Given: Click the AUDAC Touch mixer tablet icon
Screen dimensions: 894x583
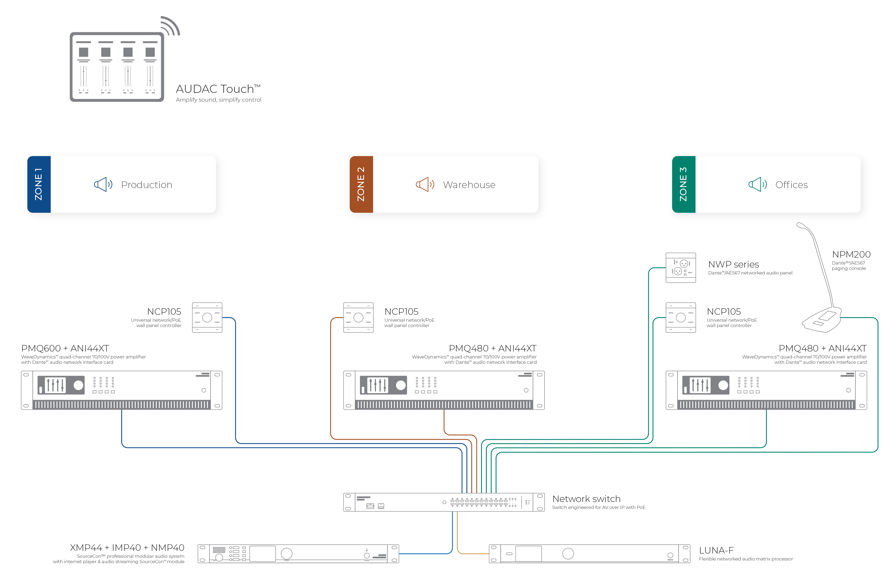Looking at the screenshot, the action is [117, 67].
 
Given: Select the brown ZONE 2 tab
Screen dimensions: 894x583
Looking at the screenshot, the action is [361, 184].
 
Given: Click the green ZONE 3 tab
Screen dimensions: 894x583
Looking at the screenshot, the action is [684, 184].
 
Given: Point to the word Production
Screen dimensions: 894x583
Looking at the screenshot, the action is [146, 185].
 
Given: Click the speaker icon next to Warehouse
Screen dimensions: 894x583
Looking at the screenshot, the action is [425, 184].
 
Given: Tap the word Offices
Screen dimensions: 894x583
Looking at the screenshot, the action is [792, 185].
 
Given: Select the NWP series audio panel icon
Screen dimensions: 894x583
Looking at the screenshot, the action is [681, 267].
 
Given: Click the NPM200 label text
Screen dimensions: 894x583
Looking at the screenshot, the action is [851, 254].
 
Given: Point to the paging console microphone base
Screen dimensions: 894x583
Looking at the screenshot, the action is [822, 320].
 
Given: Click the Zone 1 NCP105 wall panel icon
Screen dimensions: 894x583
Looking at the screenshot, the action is [207, 317].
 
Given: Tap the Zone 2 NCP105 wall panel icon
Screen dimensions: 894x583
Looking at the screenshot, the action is [358, 317].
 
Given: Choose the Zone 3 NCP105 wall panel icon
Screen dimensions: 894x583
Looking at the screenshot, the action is [681, 317].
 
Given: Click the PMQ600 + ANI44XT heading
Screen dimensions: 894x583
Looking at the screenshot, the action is [65, 348].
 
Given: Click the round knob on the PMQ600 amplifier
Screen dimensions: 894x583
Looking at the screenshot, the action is [79, 385].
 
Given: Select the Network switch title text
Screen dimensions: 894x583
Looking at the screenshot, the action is [586, 499].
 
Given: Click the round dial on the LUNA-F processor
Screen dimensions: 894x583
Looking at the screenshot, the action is [568, 553].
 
